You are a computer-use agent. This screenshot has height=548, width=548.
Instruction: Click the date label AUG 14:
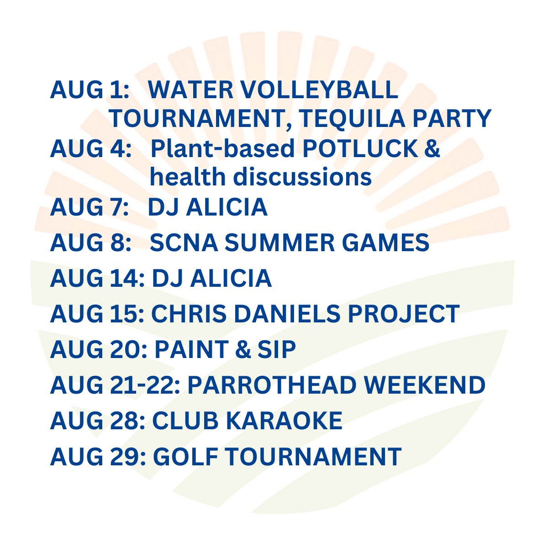point(97,278)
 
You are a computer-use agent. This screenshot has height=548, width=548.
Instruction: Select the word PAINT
point(190,349)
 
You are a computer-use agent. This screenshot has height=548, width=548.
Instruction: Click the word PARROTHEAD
point(272,385)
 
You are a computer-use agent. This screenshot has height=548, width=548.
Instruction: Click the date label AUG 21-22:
point(116,385)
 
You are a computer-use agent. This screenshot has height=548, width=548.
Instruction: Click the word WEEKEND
point(425,385)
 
